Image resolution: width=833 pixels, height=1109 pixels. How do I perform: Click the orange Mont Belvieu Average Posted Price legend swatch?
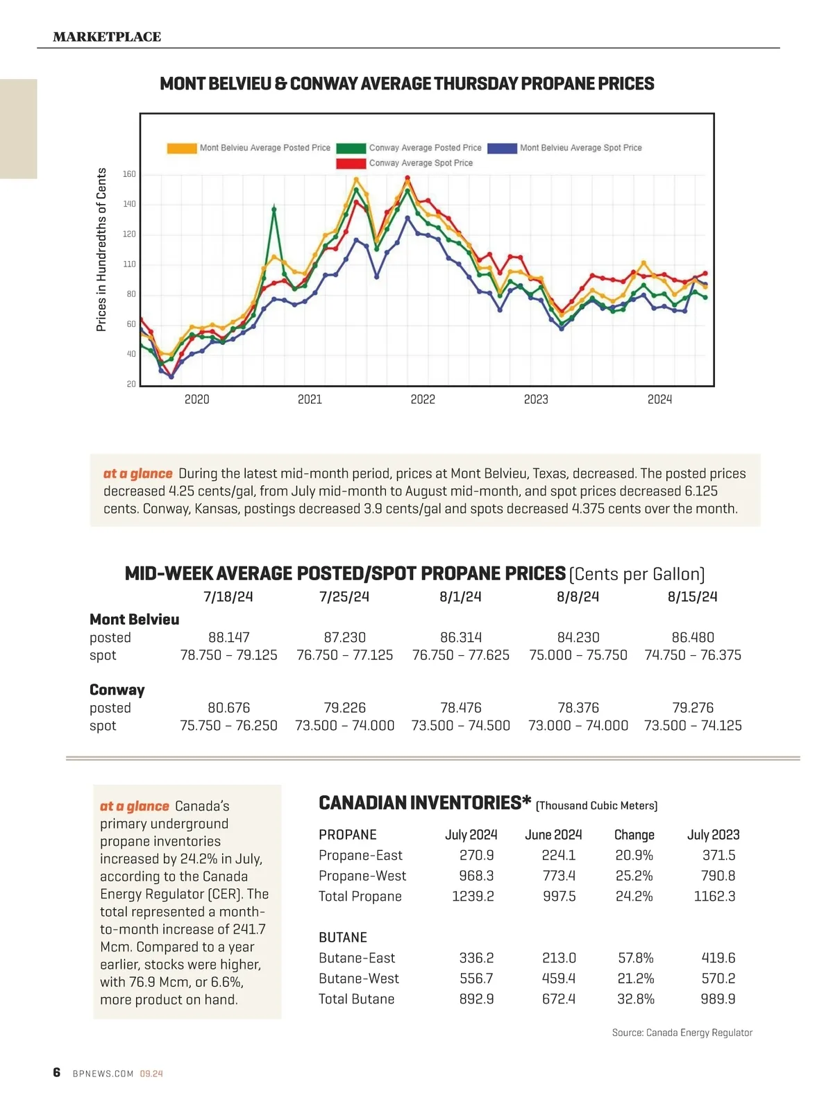click(x=181, y=148)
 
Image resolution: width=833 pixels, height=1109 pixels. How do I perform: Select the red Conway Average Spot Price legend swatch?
click(x=351, y=163)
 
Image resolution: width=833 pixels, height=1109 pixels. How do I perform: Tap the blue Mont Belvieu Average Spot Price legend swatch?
click(x=502, y=148)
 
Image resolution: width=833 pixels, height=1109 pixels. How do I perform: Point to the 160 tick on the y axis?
click(x=130, y=174)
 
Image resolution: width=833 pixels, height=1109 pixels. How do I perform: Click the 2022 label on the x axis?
click(x=423, y=400)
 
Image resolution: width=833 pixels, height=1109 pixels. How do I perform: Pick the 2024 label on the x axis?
click(x=659, y=400)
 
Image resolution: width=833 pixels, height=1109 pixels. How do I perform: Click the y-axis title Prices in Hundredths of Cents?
click(x=101, y=250)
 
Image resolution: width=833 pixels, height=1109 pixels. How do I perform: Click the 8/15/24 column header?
click(x=692, y=597)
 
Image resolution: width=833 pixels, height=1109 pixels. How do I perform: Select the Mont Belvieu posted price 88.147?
click(x=229, y=637)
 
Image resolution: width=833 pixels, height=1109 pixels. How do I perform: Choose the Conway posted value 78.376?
click(x=578, y=708)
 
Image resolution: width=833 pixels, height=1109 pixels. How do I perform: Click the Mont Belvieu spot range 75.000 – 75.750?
click(x=578, y=655)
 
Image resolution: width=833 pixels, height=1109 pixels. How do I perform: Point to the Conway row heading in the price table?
click(x=117, y=690)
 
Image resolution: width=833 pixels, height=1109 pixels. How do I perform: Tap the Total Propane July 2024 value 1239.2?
click(x=473, y=896)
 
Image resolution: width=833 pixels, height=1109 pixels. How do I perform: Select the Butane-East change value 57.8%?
click(x=635, y=958)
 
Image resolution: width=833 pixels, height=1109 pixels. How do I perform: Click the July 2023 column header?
click(x=713, y=835)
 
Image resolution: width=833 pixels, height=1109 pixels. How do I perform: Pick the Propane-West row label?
click(x=362, y=876)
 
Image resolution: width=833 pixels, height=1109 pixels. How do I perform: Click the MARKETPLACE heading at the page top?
click(x=107, y=37)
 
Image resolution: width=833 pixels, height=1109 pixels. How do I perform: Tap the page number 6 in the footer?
click(x=57, y=1072)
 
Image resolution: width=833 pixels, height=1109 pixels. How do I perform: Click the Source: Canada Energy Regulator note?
click(x=682, y=1033)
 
